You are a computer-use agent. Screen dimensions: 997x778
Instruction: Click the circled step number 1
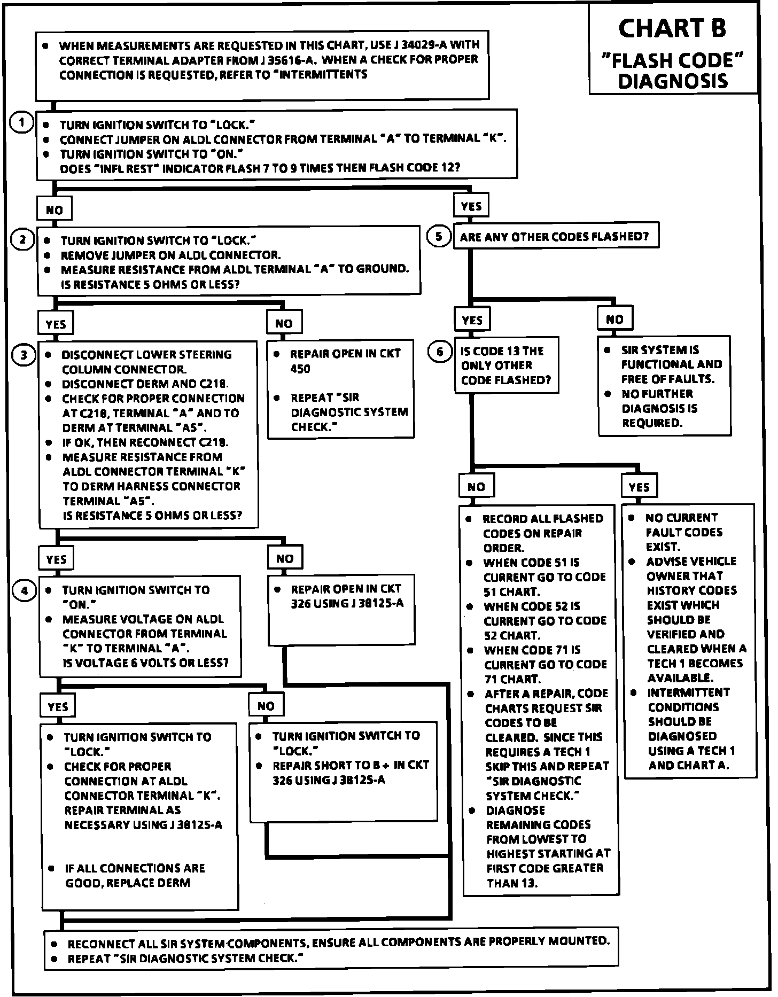(21, 123)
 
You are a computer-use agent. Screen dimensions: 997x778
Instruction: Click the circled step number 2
(22, 239)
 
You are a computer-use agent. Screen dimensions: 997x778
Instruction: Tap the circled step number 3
(24, 355)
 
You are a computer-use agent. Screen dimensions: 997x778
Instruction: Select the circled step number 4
(25, 590)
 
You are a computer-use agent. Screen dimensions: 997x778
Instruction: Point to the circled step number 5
(439, 236)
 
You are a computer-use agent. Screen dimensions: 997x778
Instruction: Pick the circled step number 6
(440, 352)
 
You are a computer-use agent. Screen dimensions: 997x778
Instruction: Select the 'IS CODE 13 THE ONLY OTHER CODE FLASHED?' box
(506, 365)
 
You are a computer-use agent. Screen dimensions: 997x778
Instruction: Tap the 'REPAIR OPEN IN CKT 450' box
(340, 389)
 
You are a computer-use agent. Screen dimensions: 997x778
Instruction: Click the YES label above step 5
(471, 206)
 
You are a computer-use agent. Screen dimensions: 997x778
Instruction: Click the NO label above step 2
(54, 209)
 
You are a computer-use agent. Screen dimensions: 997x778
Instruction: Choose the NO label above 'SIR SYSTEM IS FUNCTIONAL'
(614, 320)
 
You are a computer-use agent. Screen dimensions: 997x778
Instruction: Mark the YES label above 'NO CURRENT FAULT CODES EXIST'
(639, 487)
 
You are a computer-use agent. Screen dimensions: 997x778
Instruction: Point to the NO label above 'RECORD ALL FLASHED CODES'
(476, 487)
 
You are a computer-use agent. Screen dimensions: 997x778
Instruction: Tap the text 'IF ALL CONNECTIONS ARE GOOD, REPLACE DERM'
(135, 875)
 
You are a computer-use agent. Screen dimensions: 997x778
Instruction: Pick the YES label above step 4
(56, 559)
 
